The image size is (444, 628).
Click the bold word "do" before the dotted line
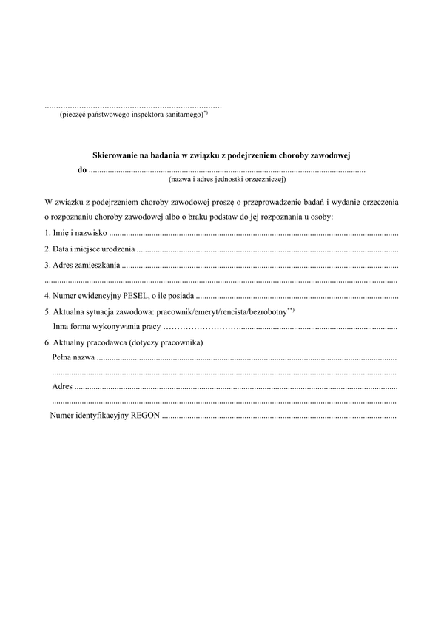click(81, 169)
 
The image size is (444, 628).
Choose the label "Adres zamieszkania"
click(82, 264)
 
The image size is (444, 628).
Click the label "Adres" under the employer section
click(62, 387)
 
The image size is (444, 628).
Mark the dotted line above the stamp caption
click(133, 106)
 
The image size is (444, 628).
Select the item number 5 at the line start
click(47, 312)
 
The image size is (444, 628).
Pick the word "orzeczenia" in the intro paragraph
click(377, 201)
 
